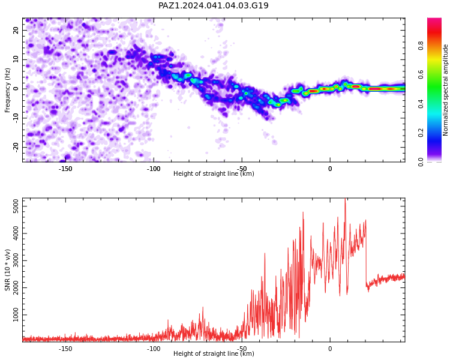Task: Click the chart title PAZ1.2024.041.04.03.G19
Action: [213, 5]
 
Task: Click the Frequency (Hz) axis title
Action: [7, 90]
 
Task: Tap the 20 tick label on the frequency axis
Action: [16, 30]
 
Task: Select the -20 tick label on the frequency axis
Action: [16, 147]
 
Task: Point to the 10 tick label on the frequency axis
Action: [16, 59]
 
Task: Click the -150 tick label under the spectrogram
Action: [65, 169]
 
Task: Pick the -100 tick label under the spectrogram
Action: [154, 169]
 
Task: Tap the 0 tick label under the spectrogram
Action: [330, 169]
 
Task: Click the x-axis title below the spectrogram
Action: [214, 173]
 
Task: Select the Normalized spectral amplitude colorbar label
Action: [445, 90]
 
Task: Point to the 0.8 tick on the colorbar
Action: [421, 46]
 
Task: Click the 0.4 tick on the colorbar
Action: [421, 104]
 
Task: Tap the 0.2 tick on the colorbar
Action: [421, 133]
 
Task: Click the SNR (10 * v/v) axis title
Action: [7, 270]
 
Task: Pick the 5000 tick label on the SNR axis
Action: [16, 206]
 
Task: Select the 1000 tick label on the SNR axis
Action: [16, 314]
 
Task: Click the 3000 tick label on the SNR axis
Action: [16, 260]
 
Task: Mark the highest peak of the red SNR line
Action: [345, 199]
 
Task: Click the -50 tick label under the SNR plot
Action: [242, 349]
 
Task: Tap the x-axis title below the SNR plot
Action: [214, 353]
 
